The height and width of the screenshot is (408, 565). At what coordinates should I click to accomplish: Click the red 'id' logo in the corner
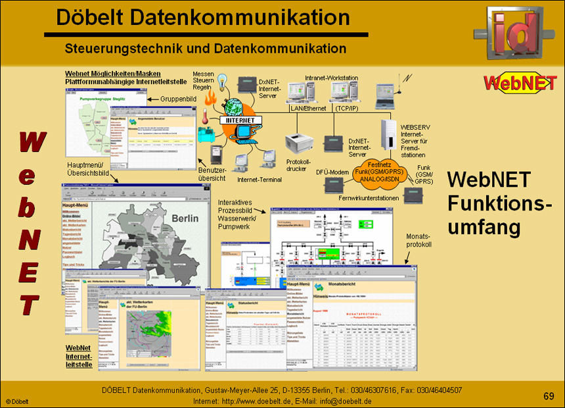pyautogui.click(x=518, y=36)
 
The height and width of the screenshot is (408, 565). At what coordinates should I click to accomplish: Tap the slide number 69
pyautogui.click(x=549, y=395)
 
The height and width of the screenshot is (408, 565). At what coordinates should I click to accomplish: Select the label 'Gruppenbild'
pyautogui.click(x=179, y=99)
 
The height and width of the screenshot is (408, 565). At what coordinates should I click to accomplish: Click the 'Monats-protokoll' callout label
pyautogui.click(x=418, y=240)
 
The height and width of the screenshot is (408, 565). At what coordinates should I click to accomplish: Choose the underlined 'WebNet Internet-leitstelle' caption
pyautogui.click(x=78, y=356)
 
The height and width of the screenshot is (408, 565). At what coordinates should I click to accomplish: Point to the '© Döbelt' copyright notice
pyautogui.click(x=17, y=401)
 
